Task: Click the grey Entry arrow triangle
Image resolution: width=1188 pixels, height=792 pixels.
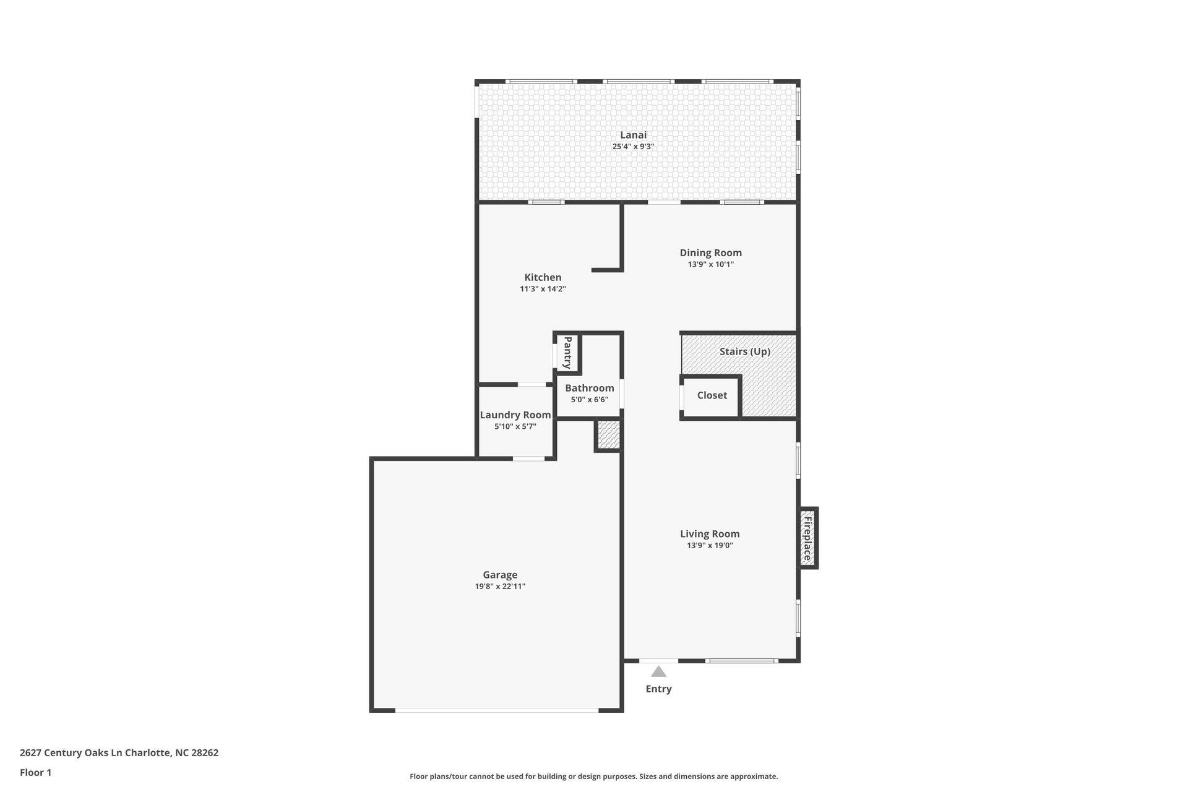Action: tap(658, 672)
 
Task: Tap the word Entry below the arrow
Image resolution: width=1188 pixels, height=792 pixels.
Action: tap(658, 689)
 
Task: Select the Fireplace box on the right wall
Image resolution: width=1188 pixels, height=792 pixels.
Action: tap(807, 538)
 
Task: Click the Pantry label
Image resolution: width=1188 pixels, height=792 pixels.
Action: tap(567, 353)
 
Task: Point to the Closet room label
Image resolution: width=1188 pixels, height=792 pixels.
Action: tap(712, 395)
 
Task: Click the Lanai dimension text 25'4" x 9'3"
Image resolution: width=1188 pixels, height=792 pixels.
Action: tap(633, 147)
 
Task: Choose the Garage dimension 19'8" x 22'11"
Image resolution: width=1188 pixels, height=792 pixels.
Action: tap(500, 587)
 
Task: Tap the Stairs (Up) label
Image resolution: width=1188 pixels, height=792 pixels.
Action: tap(744, 351)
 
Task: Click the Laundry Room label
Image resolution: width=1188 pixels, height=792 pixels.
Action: tap(515, 415)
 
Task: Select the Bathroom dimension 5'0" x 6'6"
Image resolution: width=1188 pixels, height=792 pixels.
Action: tap(589, 400)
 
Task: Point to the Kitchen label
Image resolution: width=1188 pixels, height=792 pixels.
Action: tap(543, 277)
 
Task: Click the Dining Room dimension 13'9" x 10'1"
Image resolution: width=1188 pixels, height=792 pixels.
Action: tap(710, 264)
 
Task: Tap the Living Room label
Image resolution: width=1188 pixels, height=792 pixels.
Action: tap(710, 534)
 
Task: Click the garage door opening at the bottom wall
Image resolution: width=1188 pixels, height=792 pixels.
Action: tap(496, 710)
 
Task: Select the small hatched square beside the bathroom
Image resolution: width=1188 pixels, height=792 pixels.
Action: tap(608, 435)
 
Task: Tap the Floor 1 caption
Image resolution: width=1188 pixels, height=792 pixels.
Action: tap(35, 773)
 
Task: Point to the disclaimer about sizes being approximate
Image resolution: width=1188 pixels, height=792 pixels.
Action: tap(593, 777)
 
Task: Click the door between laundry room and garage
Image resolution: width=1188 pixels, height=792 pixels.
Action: tap(528, 458)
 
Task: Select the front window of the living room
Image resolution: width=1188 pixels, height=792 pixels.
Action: tap(742, 661)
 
